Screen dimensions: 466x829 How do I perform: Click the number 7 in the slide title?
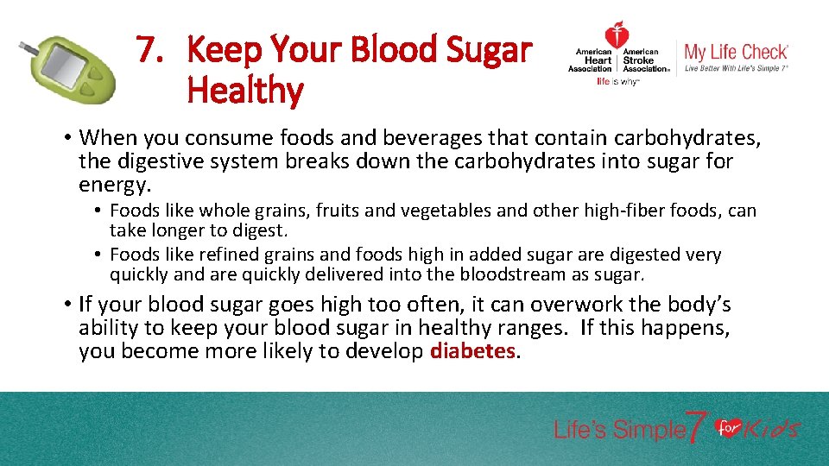pyautogui.click(x=149, y=50)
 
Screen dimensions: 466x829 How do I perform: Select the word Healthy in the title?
pyautogui.click(x=244, y=91)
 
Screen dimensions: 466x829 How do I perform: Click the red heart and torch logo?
pyautogui.click(x=617, y=36)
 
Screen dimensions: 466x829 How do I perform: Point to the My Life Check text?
pyautogui.click(x=736, y=52)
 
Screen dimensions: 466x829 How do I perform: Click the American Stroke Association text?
pyautogui.click(x=646, y=60)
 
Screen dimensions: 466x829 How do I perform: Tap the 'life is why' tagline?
pyautogui.click(x=617, y=83)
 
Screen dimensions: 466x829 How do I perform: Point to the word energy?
pyautogui.click(x=113, y=185)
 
